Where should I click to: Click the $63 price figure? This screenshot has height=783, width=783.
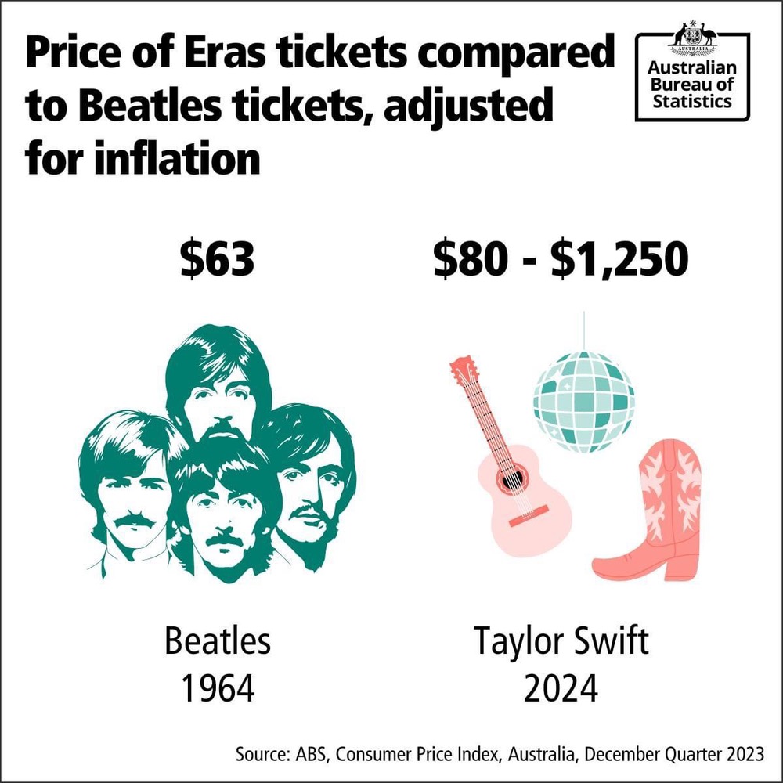(x=217, y=260)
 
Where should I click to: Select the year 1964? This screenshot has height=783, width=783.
(x=218, y=689)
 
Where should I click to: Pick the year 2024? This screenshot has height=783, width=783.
(x=561, y=689)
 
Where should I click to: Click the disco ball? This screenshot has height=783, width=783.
(x=583, y=401)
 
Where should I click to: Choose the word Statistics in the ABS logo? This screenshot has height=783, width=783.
(x=691, y=103)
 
